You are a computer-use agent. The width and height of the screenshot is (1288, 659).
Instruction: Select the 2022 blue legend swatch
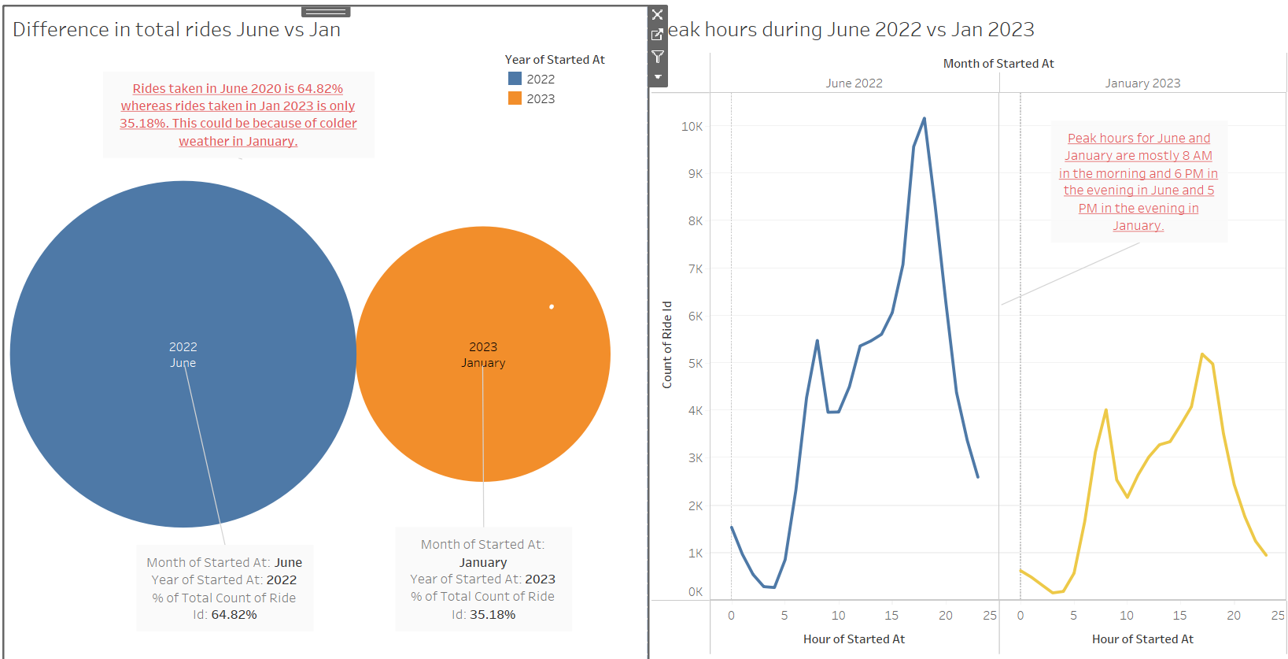[x=515, y=79]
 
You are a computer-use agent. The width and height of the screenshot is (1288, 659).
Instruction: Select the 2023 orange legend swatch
[x=515, y=98]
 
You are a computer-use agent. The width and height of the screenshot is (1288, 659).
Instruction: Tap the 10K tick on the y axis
[x=692, y=127]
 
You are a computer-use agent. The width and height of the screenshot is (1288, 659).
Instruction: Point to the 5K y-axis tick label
[x=696, y=364]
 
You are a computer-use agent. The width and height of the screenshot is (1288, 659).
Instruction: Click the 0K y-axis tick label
[x=696, y=592]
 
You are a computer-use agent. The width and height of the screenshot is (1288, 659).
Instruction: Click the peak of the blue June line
[x=924, y=119]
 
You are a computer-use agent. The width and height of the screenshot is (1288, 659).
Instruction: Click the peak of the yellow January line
[x=1202, y=355]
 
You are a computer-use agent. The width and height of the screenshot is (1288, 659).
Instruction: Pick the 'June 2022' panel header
[x=854, y=83]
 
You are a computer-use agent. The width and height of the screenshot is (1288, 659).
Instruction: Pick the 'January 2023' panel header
[x=1142, y=83]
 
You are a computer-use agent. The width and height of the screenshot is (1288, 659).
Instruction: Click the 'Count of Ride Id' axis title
[x=667, y=344]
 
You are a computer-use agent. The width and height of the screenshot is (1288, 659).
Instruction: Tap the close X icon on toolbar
[x=658, y=15]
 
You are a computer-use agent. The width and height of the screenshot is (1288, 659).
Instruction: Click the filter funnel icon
[x=658, y=57]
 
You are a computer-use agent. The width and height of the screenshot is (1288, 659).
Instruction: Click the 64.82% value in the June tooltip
[x=234, y=615]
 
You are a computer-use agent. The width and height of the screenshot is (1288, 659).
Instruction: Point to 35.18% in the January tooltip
[x=493, y=615]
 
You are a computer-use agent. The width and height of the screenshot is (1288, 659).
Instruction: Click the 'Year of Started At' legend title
[x=555, y=60]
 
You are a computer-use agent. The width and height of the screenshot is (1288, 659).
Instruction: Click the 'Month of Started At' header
[x=998, y=64]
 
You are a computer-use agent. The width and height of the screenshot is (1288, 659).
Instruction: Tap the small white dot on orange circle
[x=552, y=307]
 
